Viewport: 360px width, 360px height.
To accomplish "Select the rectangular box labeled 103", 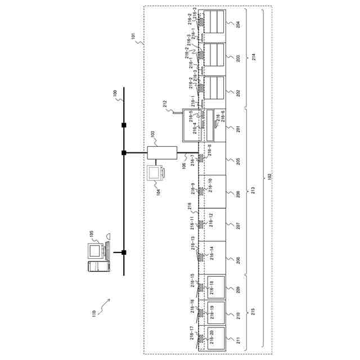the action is pyautogui.click(x=162, y=152).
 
